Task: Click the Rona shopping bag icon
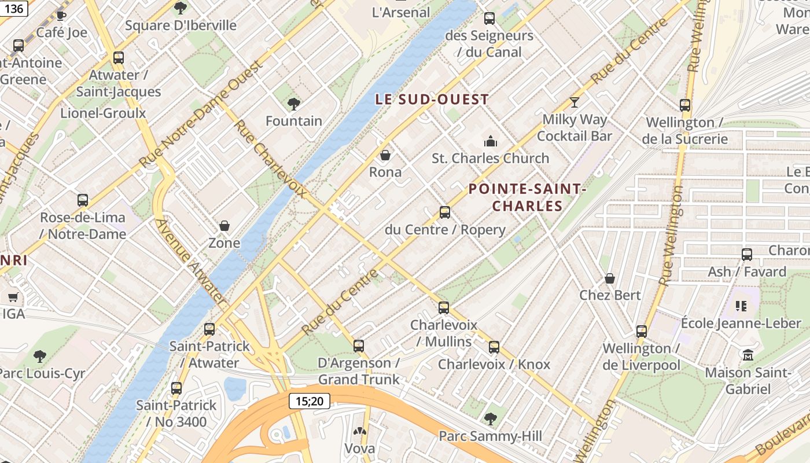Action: pos(385,155)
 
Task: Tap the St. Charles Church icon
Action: pos(491,141)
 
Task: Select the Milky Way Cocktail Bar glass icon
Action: pos(574,102)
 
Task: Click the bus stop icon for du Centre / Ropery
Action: pos(444,212)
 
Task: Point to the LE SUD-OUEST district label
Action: pos(432,100)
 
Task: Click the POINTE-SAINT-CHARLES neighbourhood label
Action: pos(527,197)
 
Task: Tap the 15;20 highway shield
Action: pos(310,400)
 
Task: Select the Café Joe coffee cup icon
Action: pos(61,16)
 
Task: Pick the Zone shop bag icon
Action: pos(224,226)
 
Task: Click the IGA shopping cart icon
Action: pos(13,297)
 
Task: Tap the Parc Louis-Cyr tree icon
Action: pos(39,356)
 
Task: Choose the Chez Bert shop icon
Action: pos(610,278)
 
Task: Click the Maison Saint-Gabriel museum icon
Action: pos(748,355)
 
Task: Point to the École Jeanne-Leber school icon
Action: pos(741,306)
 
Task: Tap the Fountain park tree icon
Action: pos(293,104)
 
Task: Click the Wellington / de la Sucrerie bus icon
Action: pos(685,105)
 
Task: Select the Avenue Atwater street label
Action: pos(190,260)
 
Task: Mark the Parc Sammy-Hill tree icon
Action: pos(491,418)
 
